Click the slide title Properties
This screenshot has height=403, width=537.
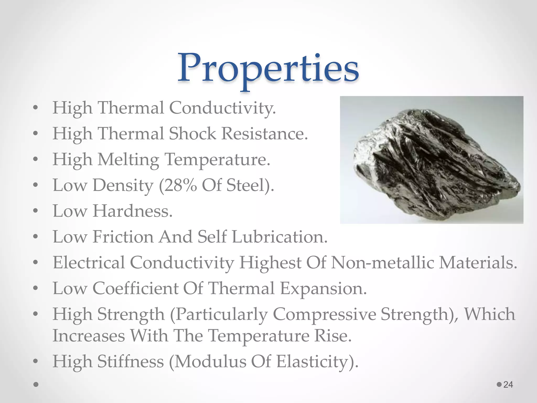tap(268, 69)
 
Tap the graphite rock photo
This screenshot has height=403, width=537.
tap(431, 160)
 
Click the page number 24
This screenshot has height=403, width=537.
tap(508, 384)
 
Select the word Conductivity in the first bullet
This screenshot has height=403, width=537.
tap(222, 108)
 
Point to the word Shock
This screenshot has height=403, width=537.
tap(192, 134)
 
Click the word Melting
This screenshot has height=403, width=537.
tap(128, 160)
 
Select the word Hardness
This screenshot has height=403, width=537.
tap(132, 211)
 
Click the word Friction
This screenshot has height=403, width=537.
tap(123, 237)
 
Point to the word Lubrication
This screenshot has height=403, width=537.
tap(280, 237)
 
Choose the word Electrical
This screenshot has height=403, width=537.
tap(89, 262)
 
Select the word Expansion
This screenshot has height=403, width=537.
tap(323, 288)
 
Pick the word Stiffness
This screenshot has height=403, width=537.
tap(131, 361)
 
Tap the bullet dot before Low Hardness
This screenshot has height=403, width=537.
tap(36, 211)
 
